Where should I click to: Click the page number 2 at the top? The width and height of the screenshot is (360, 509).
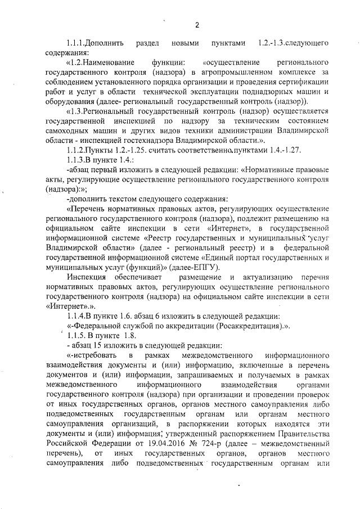[197, 24]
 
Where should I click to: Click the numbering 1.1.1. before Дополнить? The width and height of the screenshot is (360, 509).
[76, 43]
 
